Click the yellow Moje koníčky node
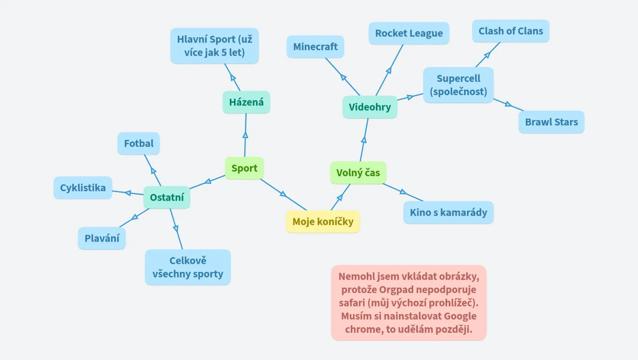click(x=323, y=222)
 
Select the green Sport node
click(x=244, y=168)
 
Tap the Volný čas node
click(x=358, y=173)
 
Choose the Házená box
click(x=246, y=102)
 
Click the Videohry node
click(x=370, y=107)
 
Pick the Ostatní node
click(x=167, y=198)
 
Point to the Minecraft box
click(x=315, y=47)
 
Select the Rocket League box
click(x=409, y=33)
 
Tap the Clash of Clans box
click(x=510, y=31)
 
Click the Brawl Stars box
click(x=551, y=122)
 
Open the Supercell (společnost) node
click(x=458, y=85)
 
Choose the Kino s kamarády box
click(x=448, y=212)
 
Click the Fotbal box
click(x=138, y=143)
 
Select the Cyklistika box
click(x=83, y=188)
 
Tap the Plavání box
click(x=102, y=239)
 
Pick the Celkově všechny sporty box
click(x=188, y=267)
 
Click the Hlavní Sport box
click(x=214, y=46)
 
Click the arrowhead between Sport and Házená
click(x=245, y=135)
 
